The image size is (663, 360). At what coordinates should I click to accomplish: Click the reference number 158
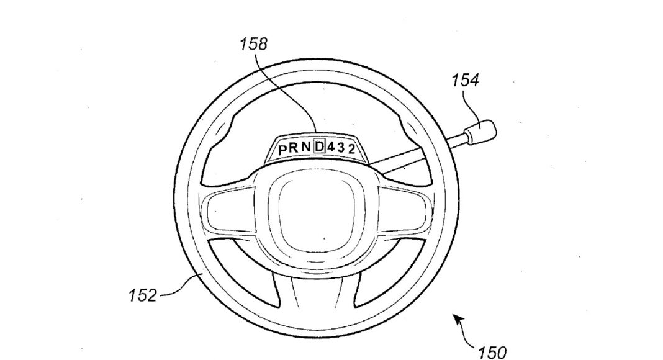point(254,44)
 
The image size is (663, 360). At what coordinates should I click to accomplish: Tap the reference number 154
point(465,80)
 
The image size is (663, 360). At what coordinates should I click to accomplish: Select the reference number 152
point(143,295)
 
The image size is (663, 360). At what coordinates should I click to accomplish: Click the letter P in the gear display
point(282,149)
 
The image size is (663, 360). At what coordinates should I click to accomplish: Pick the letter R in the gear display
point(294,148)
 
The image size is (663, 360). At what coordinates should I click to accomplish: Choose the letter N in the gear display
point(305,147)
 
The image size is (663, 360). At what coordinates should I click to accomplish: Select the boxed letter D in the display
point(319,146)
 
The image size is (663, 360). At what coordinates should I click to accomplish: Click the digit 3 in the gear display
point(341,147)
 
